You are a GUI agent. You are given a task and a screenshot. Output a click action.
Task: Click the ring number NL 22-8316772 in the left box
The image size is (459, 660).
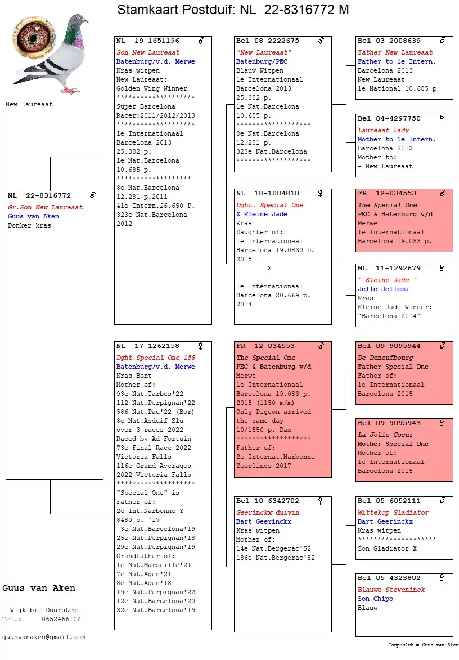tap(39, 196)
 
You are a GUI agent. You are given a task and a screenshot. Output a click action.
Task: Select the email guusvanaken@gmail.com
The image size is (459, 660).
tap(44, 637)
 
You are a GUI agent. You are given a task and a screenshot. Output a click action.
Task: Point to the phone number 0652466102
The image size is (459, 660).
tap(61, 619)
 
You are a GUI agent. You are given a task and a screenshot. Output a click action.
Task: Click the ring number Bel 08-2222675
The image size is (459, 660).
tap(268, 41)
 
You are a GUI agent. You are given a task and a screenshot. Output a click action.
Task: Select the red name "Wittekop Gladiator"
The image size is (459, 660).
tap(393, 512)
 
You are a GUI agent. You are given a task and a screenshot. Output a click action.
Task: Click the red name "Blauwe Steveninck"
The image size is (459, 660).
tap(391, 590)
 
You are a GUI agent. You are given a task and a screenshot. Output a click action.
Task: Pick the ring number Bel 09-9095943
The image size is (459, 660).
tap(389, 423)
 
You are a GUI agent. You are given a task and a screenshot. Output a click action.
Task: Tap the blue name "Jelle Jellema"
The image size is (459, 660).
tap(383, 289)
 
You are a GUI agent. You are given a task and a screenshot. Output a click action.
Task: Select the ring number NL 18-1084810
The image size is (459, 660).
tap(268, 194)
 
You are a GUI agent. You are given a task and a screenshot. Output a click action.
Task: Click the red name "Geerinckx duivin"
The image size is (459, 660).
tap(268, 512)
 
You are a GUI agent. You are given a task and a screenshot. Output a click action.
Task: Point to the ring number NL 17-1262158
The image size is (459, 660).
tap(148, 346)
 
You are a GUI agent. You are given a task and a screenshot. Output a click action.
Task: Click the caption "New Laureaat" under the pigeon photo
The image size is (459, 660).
tap(29, 104)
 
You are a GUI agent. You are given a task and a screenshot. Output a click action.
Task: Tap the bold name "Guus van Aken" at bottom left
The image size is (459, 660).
tap(39, 588)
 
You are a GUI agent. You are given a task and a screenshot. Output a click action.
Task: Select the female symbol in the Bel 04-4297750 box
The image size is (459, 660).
tap(442, 119)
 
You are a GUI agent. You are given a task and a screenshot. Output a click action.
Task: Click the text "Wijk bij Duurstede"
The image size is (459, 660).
tap(46, 610)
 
